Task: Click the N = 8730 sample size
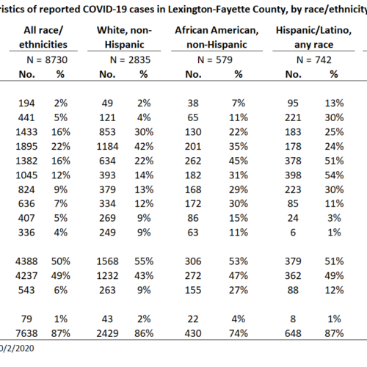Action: [47, 60]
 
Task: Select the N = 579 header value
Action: [215, 60]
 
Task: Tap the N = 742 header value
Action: [314, 60]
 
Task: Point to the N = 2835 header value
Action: [130, 60]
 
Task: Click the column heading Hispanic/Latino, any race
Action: [313, 37]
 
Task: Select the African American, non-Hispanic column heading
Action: [217, 37]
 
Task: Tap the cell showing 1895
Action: [26, 147]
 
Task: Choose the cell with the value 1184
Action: [107, 147]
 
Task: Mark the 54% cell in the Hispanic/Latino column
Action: [334, 175]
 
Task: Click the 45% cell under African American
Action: [239, 161]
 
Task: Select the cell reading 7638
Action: [26, 333]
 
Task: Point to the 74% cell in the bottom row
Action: [239, 333]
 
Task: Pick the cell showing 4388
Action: [26, 261]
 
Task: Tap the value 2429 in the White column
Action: [107, 333]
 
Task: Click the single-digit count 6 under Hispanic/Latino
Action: [293, 233]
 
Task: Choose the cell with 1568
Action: [107, 261]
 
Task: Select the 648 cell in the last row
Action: [293, 333]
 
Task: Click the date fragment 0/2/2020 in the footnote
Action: [17, 349]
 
